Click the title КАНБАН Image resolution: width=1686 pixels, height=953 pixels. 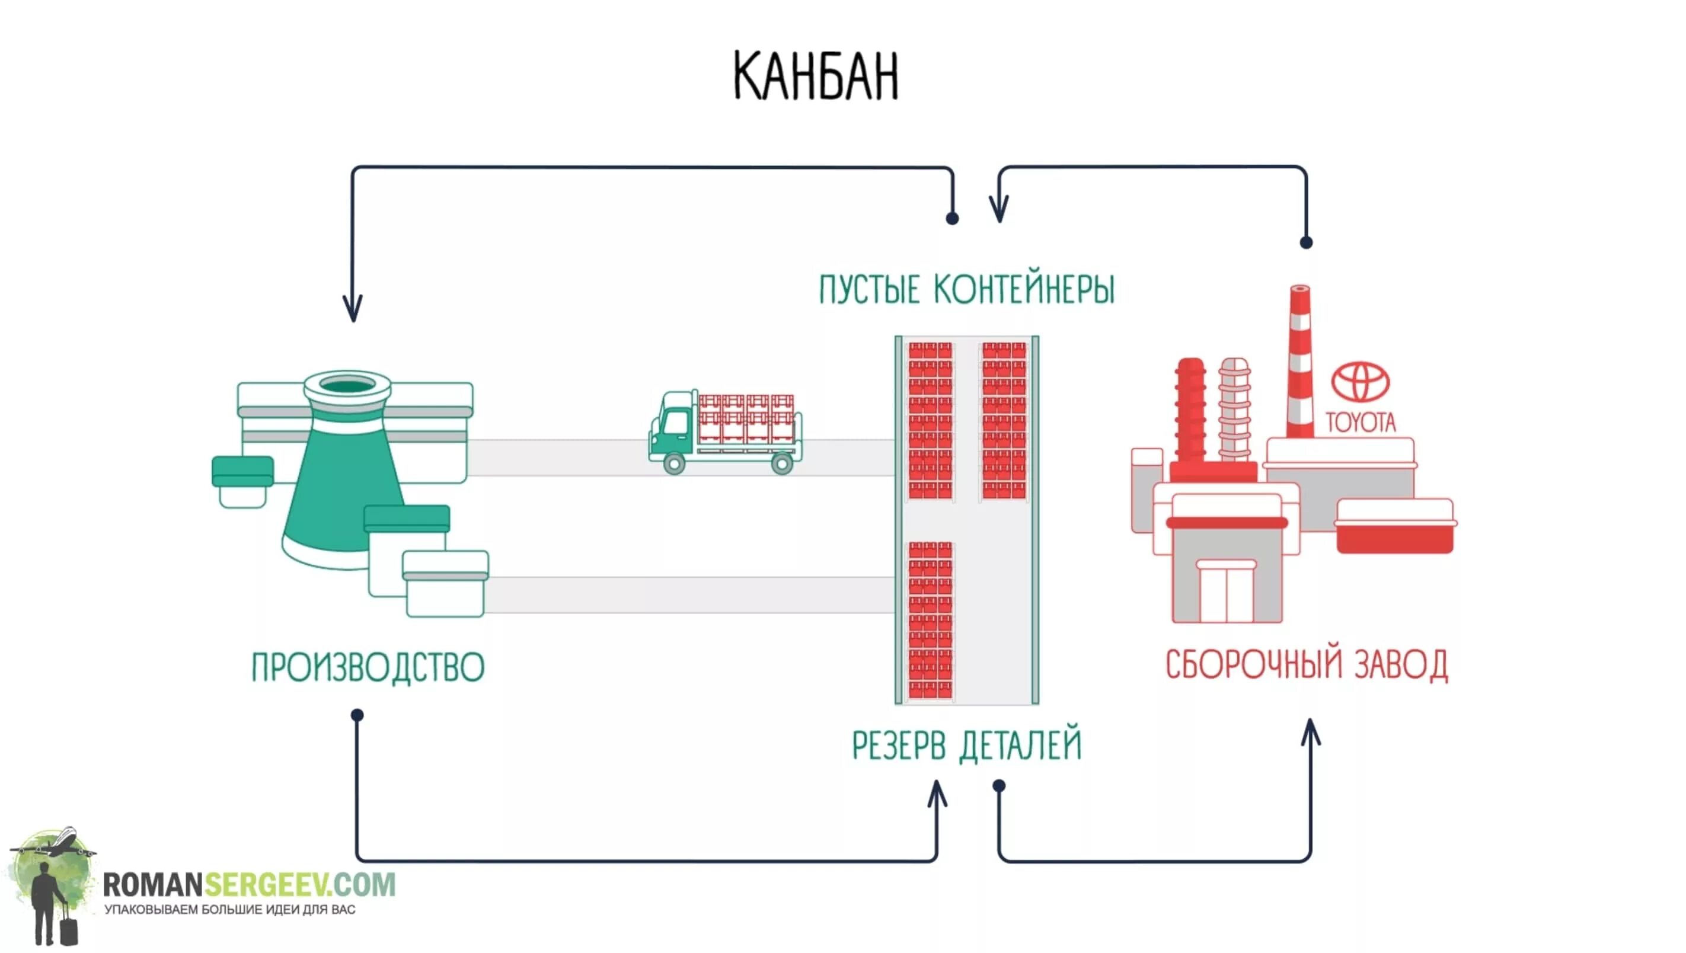(816, 76)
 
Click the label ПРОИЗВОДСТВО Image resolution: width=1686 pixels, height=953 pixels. (368, 667)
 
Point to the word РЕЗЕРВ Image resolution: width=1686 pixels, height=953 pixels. (899, 746)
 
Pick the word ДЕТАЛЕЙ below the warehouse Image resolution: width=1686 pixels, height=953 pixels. (1020, 746)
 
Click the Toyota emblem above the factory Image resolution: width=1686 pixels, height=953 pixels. (1360, 382)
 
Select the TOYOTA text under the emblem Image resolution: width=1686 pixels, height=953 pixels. (1361, 422)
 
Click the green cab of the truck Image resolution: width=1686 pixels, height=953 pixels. (673, 425)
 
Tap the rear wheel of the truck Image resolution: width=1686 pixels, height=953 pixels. (782, 464)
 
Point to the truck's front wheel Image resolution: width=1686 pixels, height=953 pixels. (674, 464)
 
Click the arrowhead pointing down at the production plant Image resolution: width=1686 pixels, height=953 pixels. (353, 308)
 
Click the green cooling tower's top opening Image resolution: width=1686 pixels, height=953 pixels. (347, 384)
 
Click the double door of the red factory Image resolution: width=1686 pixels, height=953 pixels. (1226, 592)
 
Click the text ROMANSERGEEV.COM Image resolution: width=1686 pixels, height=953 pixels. (249, 885)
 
